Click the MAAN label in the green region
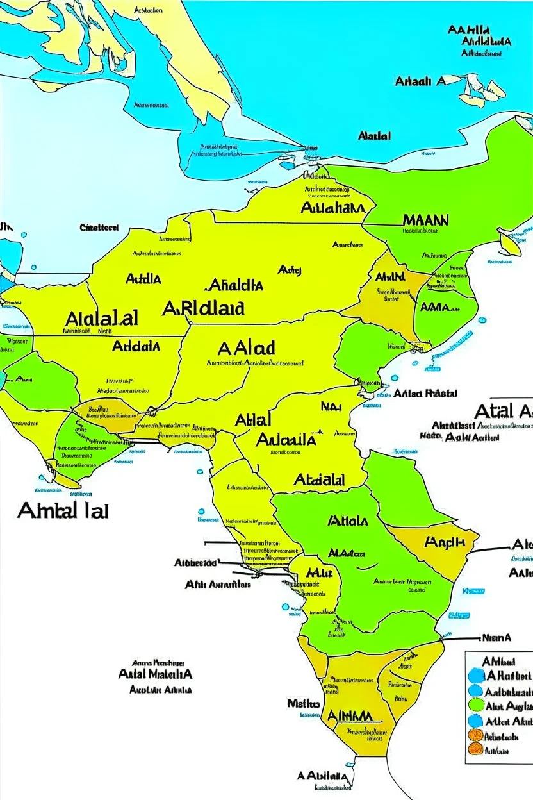(425, 220)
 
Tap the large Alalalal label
(101, 318)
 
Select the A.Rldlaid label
(203, 308)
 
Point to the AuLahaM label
(332, 208)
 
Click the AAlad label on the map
(247, 348)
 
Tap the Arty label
(290, 271)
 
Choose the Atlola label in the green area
(348, 521)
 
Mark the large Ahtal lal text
(63, 510)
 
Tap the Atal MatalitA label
(155, 674)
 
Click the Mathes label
(303, 703)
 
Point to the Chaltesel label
(99, 227)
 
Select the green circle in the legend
(475, 705)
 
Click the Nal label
(331, 405)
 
